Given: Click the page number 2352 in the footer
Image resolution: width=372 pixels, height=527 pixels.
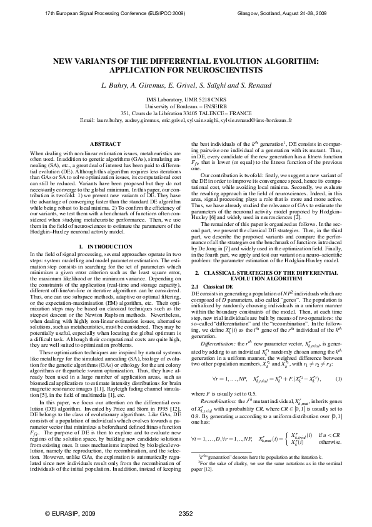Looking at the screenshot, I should [186, 513].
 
